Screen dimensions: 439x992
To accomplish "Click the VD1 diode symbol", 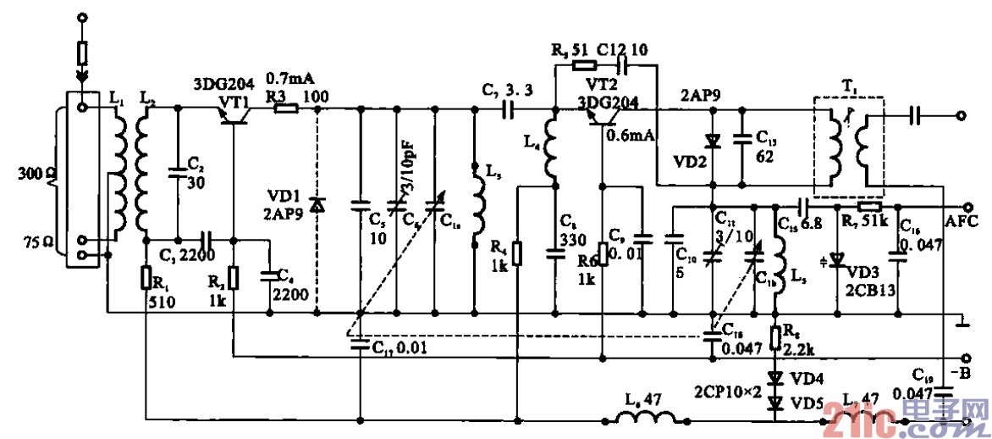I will coord(317,204).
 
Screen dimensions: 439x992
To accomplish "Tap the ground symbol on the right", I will coord(960,320).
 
